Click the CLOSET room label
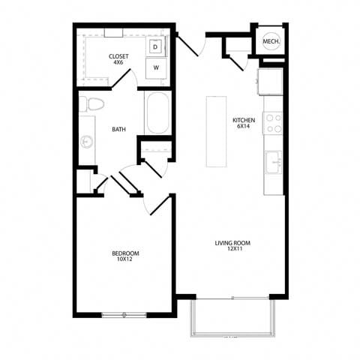118,56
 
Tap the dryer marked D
155,47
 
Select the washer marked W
155,67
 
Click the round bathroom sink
86,140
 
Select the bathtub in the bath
158,113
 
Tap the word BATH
118,130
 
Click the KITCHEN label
243,120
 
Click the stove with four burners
274,123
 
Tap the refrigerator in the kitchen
271,82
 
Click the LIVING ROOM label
232,243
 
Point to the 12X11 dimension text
232,250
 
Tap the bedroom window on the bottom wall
124,315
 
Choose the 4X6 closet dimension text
118,63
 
